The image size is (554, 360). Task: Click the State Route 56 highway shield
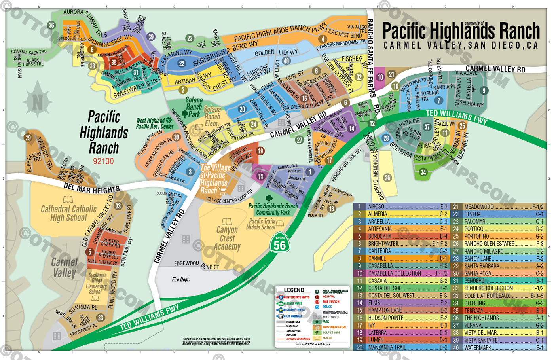(280, 244)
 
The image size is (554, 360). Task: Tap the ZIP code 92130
(103, 161)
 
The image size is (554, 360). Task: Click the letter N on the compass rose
(37, 103)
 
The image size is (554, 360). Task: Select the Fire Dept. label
(181, 279)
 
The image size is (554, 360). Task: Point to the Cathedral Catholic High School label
(68, 213)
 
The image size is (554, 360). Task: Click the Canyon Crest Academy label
(227, 238)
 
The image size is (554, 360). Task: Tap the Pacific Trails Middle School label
(262, 224)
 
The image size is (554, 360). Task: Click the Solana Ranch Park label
(194, 107)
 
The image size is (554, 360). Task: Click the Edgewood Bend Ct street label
(197, 265)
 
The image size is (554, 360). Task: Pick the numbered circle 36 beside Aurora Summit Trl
(51, 25)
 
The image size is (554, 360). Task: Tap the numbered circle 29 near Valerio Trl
(28, 138)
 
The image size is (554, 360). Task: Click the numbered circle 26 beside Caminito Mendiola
(387, 178)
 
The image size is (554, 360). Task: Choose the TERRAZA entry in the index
(474, 311)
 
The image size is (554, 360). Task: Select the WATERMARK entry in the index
(478, 348)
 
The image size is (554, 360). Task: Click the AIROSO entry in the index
(376, 207)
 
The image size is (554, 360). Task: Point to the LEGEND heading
(294, 290)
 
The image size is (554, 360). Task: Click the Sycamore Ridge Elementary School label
(97, 283)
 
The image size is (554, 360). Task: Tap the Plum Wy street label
(315, 215)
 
